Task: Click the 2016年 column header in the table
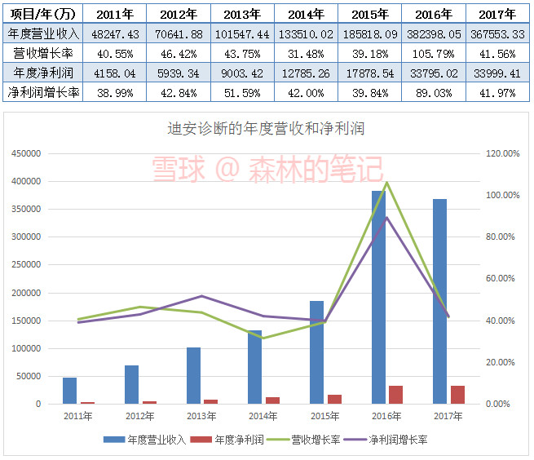[x=434, y=14]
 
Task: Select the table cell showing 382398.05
[x=434, y=33]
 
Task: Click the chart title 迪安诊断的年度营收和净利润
[x=265, y=129]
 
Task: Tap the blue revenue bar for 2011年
[x=69, y=391]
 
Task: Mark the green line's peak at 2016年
[x=386, y=182]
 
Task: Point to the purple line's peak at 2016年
[x=386, y=217]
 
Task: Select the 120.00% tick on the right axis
[x=501, y=153]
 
